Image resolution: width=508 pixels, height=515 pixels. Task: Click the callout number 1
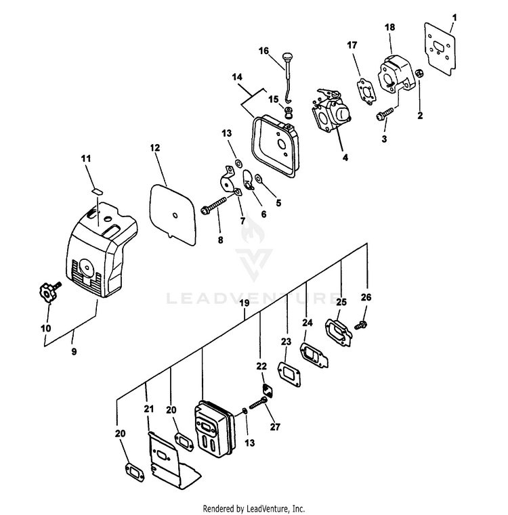pos(454,17)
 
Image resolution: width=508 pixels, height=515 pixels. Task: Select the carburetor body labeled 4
pos(331,114)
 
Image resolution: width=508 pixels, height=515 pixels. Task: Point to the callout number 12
pos(155,148)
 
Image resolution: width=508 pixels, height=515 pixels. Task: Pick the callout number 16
pos(263,51)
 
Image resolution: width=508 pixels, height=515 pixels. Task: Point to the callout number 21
pos(149,409)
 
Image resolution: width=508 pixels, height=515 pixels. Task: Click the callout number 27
pos(274,427)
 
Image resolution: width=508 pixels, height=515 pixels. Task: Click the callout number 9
pos(73,351)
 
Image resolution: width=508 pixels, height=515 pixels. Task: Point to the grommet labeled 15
pos(289,112)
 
